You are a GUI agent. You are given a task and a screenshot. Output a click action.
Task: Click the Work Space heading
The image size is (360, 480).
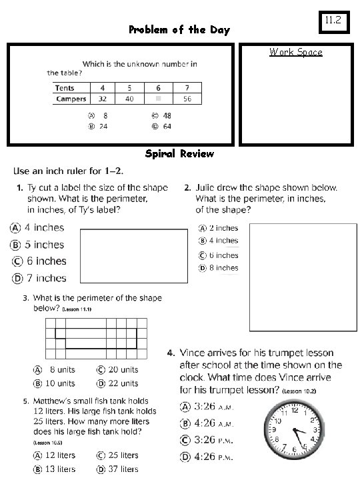pos(295,52)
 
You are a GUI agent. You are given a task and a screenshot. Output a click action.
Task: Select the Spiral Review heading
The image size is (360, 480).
pos(179,154)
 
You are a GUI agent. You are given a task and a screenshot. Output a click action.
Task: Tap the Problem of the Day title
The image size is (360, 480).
pos(179,30)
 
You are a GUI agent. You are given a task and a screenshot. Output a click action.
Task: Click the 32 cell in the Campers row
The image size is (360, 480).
pos(102,99)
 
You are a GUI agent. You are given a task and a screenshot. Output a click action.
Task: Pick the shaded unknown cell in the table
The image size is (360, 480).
pos(158,99)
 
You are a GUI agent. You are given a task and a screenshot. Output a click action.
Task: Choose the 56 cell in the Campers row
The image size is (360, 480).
pos(187,99)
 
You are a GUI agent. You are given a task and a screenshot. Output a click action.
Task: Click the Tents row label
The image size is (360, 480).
pos(65,87)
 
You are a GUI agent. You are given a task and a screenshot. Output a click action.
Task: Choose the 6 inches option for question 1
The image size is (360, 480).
pos(39,261)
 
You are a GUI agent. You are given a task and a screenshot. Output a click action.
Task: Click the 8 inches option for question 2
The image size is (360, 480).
pos(219,268)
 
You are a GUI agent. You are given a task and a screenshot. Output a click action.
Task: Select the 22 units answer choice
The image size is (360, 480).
pos(118,383)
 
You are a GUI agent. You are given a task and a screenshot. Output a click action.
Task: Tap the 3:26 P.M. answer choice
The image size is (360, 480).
pos(206,440)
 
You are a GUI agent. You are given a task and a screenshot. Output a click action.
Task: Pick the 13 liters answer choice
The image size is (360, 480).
pos(55,469)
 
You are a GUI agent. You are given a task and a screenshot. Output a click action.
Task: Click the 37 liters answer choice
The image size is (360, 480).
pos(117,469)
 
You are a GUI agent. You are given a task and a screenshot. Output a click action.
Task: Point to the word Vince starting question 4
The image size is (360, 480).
pos(194,353)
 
